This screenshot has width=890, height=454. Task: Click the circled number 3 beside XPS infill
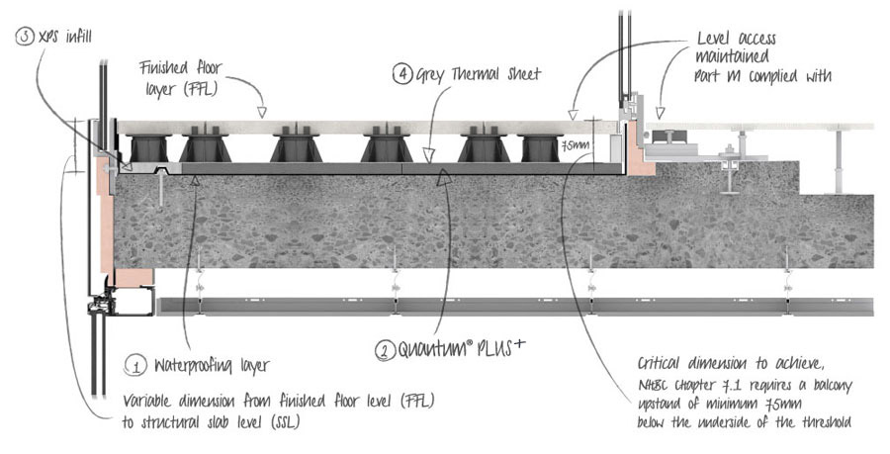point(25,38)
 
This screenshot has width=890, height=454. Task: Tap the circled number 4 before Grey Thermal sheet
point(401,74)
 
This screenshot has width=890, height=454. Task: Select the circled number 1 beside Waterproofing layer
point(135,365)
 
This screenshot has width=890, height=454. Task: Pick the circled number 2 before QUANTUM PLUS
point(386,349)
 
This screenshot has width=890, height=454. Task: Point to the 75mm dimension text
point(575,145)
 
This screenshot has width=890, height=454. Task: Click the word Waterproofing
point(193,366)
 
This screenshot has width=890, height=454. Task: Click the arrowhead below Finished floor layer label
point(261,113)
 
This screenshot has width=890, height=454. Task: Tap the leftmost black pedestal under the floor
point(149,147)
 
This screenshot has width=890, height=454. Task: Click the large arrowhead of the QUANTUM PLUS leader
point(443,178)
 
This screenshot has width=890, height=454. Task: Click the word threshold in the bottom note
point(827,422)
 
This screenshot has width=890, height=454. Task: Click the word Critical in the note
point(661,364)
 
